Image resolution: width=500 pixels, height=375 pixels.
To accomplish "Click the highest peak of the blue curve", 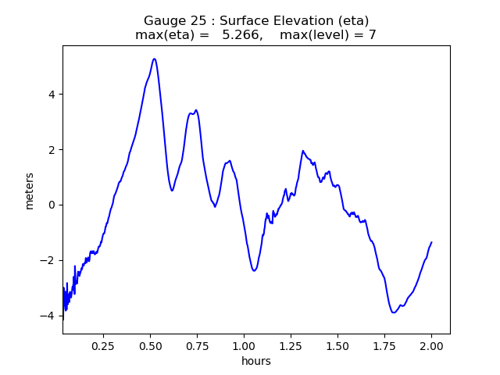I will [154, 59].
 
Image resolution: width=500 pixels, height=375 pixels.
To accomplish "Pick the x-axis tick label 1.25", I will [291, 345].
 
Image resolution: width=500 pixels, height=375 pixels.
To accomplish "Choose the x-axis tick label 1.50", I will [337, 345].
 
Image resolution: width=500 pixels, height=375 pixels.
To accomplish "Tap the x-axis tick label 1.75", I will [384, 345].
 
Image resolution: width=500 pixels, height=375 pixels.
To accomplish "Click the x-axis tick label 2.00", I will [431, 345].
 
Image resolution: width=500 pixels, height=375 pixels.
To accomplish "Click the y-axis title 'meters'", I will [30, 191].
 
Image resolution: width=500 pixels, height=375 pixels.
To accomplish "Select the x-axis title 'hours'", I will [256, 361].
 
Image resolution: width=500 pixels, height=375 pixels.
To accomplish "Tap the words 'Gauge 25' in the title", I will [170, 20].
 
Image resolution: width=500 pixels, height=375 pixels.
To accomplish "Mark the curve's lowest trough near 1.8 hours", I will [394, 312].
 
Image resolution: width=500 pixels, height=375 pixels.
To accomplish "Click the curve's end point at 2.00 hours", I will [431, 242].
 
